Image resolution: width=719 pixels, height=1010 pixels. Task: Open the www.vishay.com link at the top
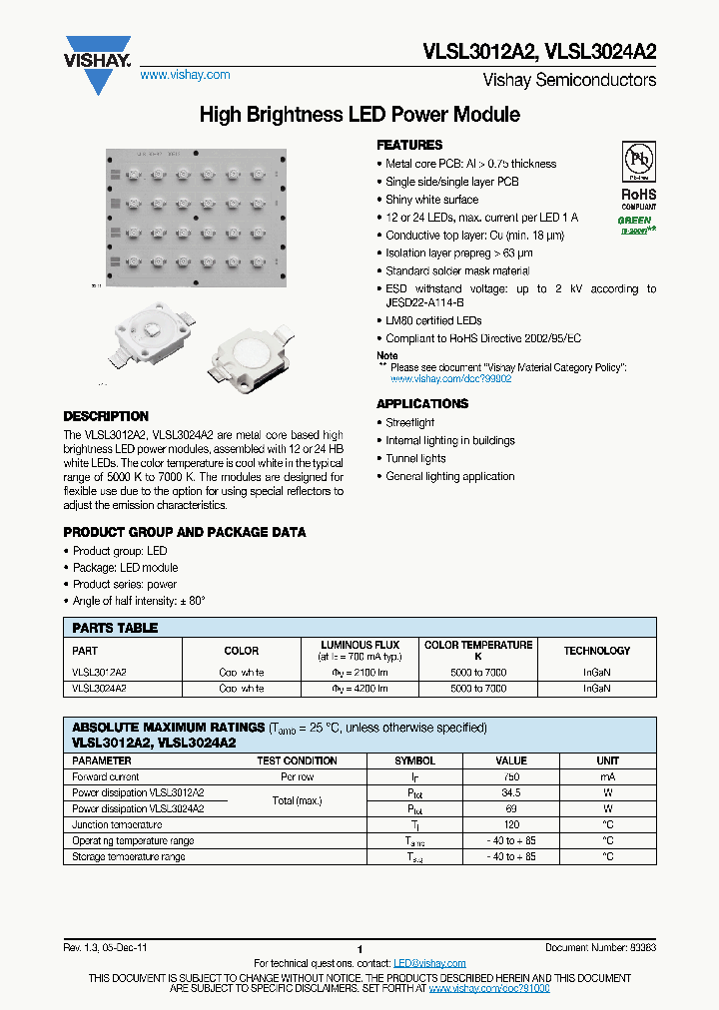[x=185, y=75]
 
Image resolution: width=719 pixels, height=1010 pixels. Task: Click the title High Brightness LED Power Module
[x=359, y=115]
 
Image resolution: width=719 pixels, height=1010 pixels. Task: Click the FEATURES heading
[x=409, y=145]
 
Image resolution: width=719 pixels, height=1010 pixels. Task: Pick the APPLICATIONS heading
[x=422, y=404]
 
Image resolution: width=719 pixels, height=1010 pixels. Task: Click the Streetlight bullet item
[x=409, y=422]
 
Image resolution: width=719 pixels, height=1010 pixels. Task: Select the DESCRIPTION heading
[x=106, y=416]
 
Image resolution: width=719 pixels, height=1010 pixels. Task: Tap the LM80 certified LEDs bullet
[x=433, y=320]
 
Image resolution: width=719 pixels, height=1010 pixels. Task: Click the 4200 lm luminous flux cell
[x=359, y=689]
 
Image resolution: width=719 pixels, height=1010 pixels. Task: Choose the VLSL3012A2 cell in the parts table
[x=99, y=673]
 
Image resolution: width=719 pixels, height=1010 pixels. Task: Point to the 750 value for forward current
[x=511, y=776]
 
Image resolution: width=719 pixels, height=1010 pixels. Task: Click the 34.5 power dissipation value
[x=511, y=792]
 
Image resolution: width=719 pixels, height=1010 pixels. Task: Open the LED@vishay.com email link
[x=429, y=963]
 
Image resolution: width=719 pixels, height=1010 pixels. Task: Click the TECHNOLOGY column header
[x=597, y=651]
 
